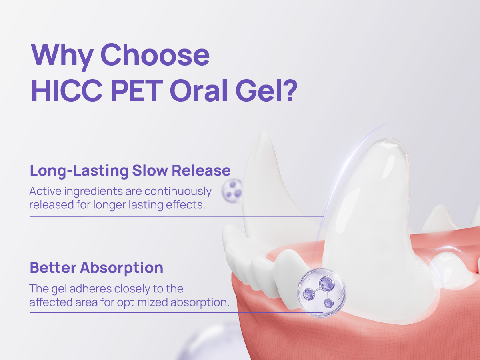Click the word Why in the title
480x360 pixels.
(62, 56)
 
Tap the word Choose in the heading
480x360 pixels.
(155, 55)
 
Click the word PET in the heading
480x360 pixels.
(137, 91)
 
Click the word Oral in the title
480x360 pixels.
(199, 91)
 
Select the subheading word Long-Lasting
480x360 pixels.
(79, 171)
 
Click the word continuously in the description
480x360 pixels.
(178, 192)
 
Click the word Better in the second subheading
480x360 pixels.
(53, 268)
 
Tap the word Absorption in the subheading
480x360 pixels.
(122, 268)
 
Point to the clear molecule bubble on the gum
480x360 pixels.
(322, 293)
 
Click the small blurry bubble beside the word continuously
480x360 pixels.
(232, 190)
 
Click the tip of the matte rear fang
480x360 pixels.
(264, 132)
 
